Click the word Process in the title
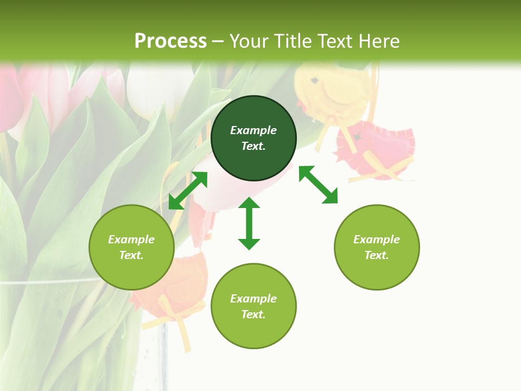click(170, 41)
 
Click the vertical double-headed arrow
click(249, 223)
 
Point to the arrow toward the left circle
click(188, 191)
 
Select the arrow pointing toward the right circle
click(318, 185)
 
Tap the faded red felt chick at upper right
click(374, 152)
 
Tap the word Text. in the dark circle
click(253, 146)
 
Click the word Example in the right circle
click(377, 239)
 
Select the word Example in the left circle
click(131, 239)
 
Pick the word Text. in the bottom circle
click(253, 314)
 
